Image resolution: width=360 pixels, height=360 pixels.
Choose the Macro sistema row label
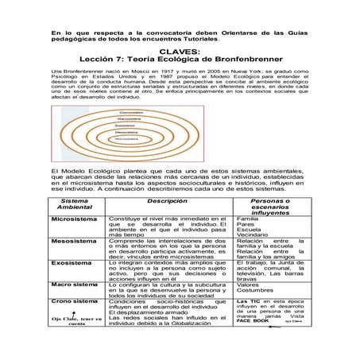[74, 283]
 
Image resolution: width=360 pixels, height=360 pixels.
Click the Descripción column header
[166, 202]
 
